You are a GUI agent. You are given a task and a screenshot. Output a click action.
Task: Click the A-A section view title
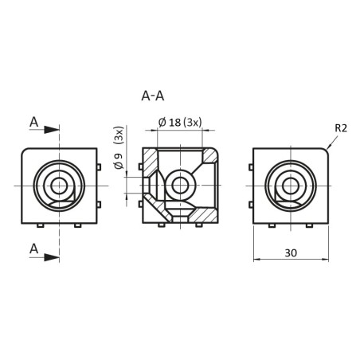(x=152, y=96)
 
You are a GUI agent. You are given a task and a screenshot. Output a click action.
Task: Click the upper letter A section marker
(x=34, y=122)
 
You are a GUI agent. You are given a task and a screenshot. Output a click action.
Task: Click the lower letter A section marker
(x=34, y=249)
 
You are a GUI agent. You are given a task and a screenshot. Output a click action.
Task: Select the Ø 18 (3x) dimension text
(x=181, y=122)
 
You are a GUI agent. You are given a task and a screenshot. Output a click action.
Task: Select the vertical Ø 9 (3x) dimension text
(x=119, y=153)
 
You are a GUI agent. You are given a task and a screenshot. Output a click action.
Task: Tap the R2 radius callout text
(x=340, y=127)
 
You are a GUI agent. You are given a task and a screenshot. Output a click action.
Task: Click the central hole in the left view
(x=58, y=186)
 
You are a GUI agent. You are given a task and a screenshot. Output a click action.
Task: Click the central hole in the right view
(x=290, y=186)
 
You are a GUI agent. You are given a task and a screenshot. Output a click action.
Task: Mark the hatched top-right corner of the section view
(x=209, y=155)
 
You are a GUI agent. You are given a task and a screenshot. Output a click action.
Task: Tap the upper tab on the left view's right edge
(x=98, y=167)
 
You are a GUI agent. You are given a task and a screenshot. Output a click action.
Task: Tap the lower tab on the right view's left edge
(x=251, y=205)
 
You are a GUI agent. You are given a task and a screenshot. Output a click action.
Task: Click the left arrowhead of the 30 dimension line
(x=257, y=260)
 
